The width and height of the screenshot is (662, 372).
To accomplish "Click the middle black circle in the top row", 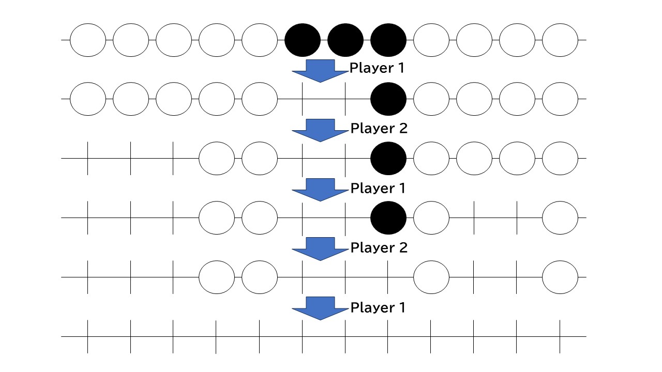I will tap(345, 40).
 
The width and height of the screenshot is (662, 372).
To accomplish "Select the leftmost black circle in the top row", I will tap(303, 40).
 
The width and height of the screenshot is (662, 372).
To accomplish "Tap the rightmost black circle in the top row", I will tap(388, 40).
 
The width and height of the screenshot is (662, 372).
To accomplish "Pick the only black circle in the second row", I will tap(388, 99).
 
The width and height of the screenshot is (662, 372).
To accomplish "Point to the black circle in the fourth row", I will tap(388, 218).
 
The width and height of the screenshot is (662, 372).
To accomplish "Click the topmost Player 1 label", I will tap(378, 69).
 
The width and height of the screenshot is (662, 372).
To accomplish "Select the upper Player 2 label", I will tap(379, 128).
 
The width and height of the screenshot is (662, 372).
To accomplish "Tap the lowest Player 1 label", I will tap(378, 308).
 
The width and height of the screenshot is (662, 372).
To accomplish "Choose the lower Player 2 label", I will tap(379, 248).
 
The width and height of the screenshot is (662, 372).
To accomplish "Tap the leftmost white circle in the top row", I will tap(88, 40).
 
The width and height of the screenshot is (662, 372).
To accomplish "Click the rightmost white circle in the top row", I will tap(560, 40).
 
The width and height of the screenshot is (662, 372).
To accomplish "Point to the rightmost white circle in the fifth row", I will tap(560, 277).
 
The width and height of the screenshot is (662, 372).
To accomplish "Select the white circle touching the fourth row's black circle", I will tap(431, 218).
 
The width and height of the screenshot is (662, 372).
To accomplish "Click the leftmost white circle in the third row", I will tap(217, 158).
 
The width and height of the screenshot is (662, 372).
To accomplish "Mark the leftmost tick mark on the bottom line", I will tap(88, 336).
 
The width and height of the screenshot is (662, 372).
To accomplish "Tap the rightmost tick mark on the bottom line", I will tap(560, 336).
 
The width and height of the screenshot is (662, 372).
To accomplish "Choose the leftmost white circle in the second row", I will tap(88, 99).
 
